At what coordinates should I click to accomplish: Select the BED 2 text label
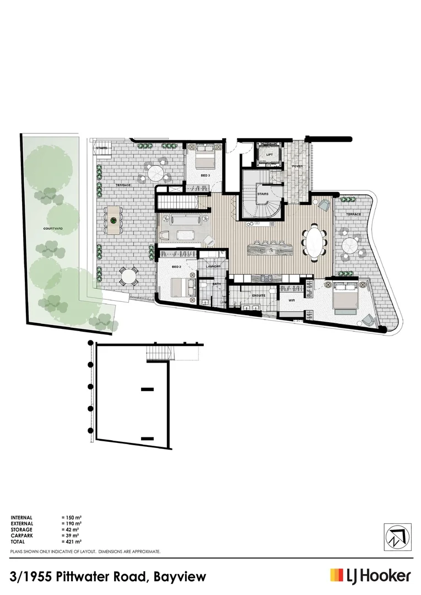(176, 267)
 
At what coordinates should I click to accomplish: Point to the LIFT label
(269, 155)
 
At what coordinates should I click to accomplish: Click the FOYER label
(297, 166)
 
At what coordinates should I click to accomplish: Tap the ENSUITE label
(258, 295)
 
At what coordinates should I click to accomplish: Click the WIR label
(293, 300)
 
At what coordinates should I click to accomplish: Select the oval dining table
(314, 241)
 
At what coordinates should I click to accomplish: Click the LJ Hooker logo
(370, 576)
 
